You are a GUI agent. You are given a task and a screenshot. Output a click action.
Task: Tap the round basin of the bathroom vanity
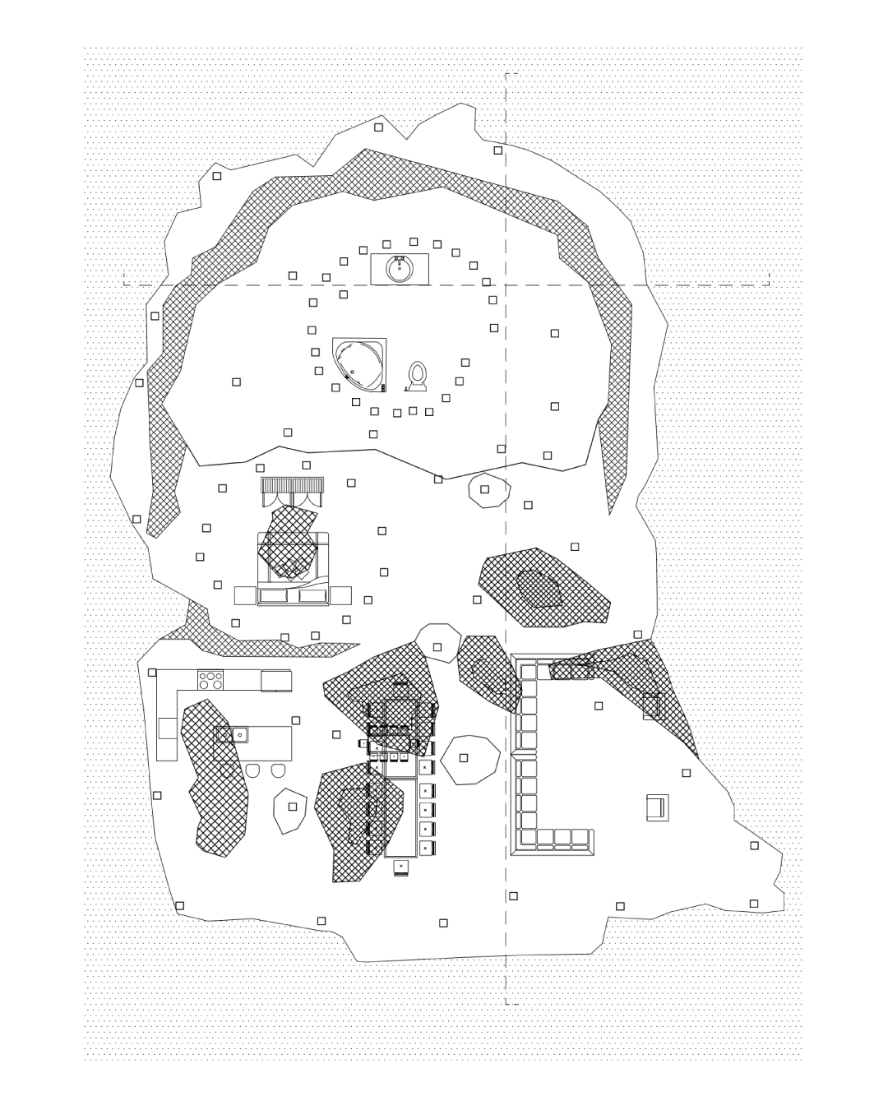coord(400,269)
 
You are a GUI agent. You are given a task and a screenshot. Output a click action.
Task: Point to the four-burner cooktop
coord(211,680)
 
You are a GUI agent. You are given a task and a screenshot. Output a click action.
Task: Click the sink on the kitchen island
coord(234,734)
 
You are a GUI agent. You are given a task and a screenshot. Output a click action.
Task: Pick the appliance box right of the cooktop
coord(276,681)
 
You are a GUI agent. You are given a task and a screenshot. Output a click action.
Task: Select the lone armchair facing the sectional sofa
coord(657,807)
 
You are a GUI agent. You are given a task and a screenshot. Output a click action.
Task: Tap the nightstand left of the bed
coord(245,595)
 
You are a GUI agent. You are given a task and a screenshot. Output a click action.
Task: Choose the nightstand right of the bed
coord(341,595)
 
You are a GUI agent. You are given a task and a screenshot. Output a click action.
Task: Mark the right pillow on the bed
coord(312,596)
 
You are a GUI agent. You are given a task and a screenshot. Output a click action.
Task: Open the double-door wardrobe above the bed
coord(292,491)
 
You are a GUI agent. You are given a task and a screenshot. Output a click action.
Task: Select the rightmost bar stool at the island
coord(279,770)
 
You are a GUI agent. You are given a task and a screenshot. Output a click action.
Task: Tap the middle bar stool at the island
coord(253,770)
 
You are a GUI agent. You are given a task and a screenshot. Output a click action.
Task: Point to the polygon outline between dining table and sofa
coord(469,758)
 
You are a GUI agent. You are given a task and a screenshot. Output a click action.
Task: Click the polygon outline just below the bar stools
coord(289,810)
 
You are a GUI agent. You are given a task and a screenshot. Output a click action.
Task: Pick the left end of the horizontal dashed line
coord(125,284)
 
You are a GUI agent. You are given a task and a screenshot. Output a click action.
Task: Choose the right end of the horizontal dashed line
coord(769,284)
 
